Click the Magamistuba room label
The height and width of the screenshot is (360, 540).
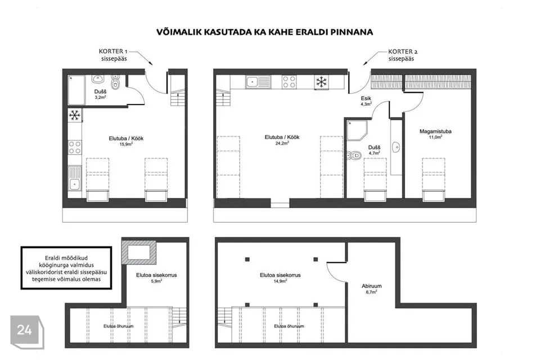[x=435, y=134]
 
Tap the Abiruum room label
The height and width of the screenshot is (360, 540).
[x=371, y=289]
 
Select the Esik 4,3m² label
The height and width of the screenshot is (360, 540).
[x=366, y=101]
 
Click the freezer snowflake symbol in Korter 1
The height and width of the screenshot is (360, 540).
[x=75, y=115]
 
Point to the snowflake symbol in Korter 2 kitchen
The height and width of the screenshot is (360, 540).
[x=321, y=82]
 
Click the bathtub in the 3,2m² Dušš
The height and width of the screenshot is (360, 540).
[x=76, y=90]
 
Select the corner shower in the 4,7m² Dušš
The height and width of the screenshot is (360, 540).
[x=357, y=130]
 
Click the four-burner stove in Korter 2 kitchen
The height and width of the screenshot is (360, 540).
[x=289, y=82]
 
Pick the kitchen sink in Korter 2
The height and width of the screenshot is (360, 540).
[x=258, y=82]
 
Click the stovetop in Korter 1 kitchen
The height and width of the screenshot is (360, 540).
[x=75, y=147]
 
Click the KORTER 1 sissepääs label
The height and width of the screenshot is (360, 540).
[x=114, y=55]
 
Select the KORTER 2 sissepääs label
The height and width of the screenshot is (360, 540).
[x=402, y=55]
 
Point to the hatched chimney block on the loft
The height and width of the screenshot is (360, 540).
[x=139, y=252]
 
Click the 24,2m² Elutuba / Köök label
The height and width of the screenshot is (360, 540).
[x=282, y=140]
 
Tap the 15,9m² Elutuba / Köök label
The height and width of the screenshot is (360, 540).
[x=126, y=141]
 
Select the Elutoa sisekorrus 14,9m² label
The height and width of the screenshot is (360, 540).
[x=280, y=278]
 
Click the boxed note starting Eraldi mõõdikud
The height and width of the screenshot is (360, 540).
[x=66, y=268]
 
